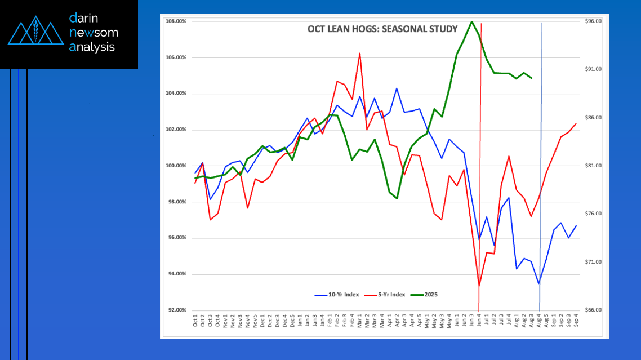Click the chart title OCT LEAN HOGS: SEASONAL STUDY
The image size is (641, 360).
[382, 29]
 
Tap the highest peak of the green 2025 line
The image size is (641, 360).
[471, 22]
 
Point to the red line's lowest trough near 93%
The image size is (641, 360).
[479, 285]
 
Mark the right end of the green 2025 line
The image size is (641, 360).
[531, 78]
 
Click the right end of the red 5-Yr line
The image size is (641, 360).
[576, 123]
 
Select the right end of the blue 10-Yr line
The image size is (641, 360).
[576, 225]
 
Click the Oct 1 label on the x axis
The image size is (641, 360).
[195, 323]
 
